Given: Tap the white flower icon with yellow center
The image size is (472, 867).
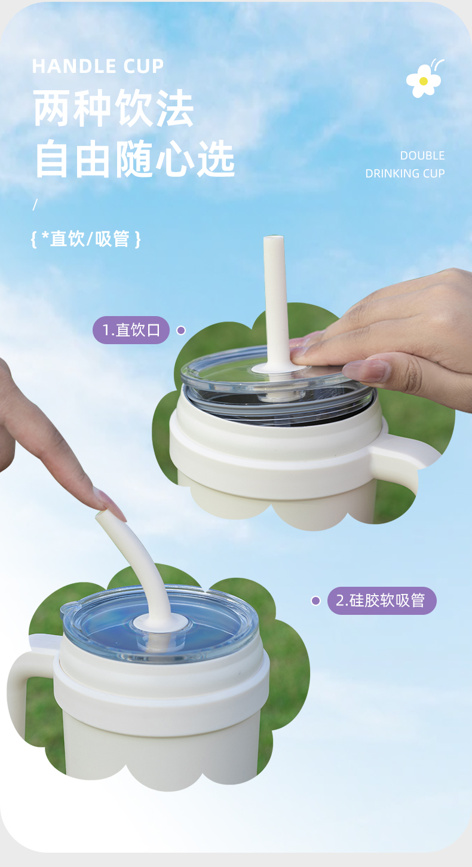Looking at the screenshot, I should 424,80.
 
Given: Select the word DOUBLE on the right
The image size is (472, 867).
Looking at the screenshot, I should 422,156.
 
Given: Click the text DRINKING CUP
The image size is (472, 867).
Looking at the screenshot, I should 405,174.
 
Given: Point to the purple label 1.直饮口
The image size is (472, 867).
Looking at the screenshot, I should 131,330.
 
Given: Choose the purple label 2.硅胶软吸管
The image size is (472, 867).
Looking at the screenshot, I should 381,601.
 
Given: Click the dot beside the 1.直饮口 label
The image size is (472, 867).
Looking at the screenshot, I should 181,330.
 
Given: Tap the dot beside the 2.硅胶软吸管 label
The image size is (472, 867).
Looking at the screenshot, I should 315,601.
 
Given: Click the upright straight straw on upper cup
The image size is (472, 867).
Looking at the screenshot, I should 275,299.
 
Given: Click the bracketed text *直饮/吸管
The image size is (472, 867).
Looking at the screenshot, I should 86,240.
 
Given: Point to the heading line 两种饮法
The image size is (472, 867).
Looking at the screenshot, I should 114,109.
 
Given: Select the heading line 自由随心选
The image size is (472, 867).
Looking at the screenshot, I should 134,160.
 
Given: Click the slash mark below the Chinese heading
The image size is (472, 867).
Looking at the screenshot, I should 35,204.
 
